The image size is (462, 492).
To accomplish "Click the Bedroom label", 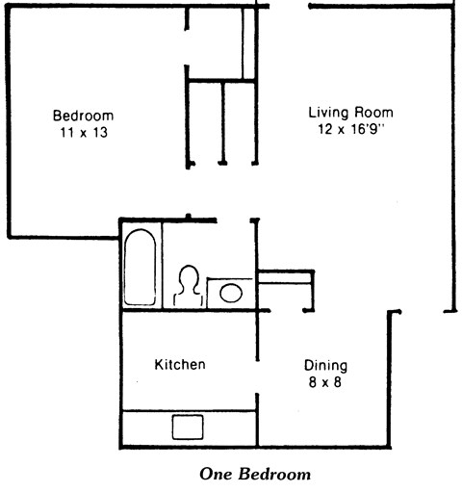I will coord(83,116).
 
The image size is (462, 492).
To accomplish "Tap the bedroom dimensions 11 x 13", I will coord(83,133).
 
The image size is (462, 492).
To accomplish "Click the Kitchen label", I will coord(180,365).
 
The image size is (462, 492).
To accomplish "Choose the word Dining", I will coord(325,366).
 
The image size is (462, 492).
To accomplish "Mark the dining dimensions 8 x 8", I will coord(325,382).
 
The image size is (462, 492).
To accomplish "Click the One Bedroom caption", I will coord(255,474).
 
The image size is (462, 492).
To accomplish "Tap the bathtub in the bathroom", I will coord(141,267).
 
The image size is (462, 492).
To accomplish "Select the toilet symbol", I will coord(189,286).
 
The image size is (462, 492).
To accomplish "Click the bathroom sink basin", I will coord(231,292).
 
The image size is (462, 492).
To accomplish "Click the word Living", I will coord(328,111).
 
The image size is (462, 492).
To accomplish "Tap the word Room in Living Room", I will coord(372,111).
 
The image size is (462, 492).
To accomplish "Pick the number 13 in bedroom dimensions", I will coord(100,133).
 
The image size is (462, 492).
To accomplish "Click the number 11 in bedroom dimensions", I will coord(65,133).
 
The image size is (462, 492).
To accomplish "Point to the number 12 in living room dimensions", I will coord(321,128).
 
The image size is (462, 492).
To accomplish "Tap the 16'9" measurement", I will coord(366,128).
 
